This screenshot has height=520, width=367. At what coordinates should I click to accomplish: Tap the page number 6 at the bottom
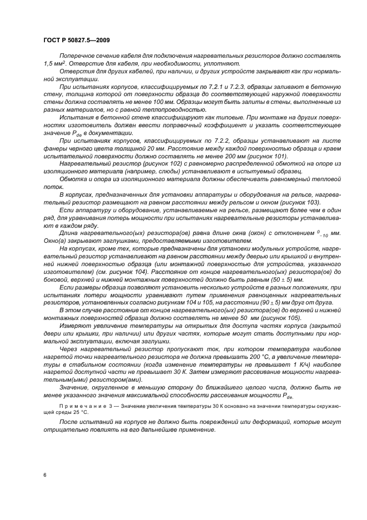coord(44,476)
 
